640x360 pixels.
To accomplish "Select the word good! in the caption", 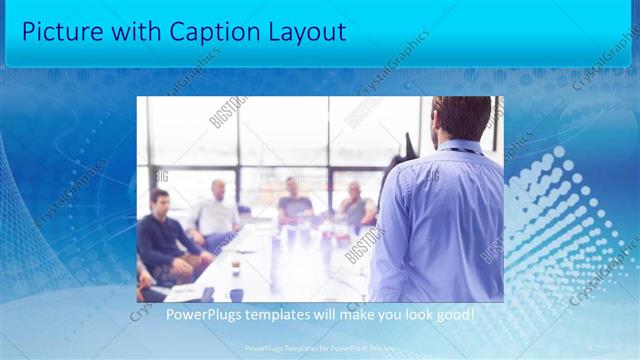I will click(x=452, y=315).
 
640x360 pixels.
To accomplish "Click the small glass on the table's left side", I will click(x=234, y=264).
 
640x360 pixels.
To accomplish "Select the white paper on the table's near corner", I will click(x=186, y=292).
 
